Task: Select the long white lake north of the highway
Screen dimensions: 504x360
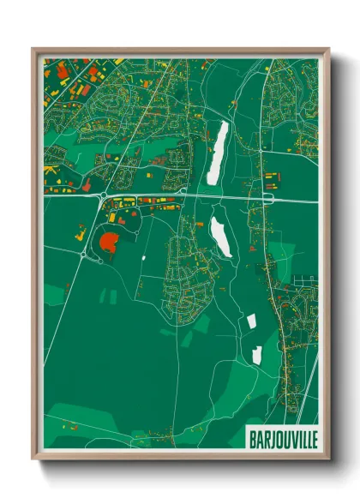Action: pyautogui.click(x=219, y=152)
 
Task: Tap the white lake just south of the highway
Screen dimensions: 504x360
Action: pyautogui.click(x=220, y=236)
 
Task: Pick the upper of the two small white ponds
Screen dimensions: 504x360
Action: pyautogui.click(x=252, y=322)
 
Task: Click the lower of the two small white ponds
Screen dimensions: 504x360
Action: pyautogui.click(x=255, y=355)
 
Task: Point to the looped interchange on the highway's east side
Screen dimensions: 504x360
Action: pyautogui.click(x=266, y=198)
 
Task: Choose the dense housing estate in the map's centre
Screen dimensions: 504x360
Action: pyautogui.click(x=184, y=274)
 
